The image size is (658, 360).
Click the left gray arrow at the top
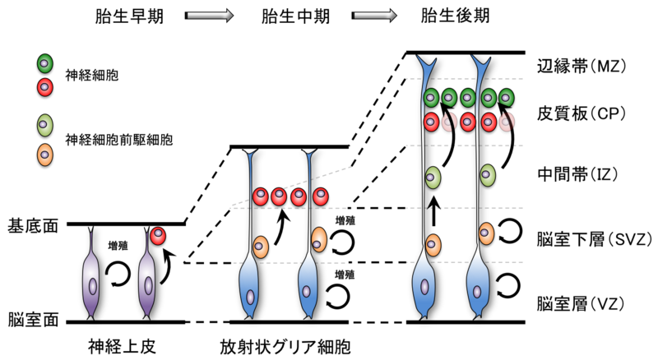coord(209,15)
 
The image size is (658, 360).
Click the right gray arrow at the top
coord(374,15)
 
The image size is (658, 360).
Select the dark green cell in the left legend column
coord(44,63)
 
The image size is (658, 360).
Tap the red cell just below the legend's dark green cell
coord(44,87)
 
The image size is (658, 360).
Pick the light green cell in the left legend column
coord(44,125)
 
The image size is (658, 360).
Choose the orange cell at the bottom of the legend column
coord(44,155)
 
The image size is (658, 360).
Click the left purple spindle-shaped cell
coord(91,284)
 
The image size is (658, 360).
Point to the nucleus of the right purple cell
coord(148,285)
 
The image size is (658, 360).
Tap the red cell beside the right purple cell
coord(157,236)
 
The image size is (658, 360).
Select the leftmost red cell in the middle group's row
coord(260,196)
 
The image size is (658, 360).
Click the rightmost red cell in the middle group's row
coord(320,196)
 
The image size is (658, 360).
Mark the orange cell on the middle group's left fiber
coord(260,247)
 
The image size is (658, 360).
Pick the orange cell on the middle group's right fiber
coord(318,240)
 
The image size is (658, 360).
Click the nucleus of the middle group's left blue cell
coord(250,297)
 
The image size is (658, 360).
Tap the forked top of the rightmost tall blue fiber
coord(480,62)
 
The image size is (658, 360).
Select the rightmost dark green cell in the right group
coord(506,98)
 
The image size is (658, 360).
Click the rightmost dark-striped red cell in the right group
coord(507,122)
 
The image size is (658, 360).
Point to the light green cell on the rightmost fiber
coord(487,175)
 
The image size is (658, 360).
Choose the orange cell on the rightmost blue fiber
coord(486,233)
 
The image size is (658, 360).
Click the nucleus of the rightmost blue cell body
coord(477,292)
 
